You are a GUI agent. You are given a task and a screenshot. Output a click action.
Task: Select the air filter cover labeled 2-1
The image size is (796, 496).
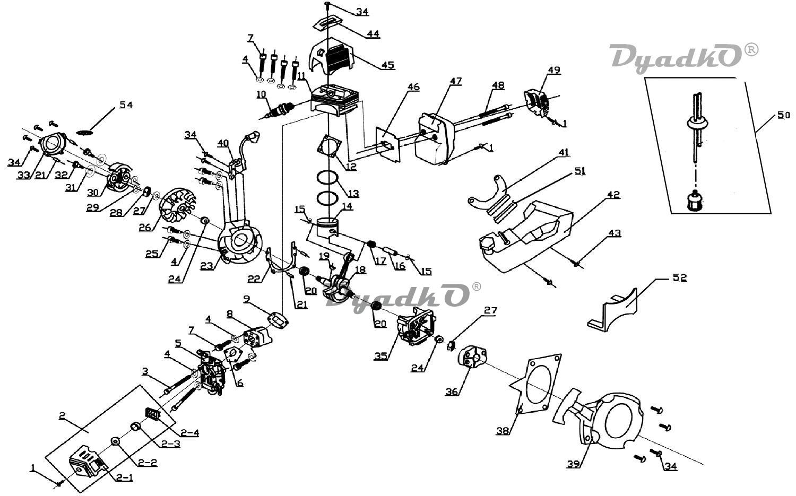88,460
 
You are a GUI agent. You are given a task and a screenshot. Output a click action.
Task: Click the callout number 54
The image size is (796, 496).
126,105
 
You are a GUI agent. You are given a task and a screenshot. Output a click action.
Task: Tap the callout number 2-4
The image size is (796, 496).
189,433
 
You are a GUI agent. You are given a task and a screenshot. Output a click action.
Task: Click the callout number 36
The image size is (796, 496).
452,391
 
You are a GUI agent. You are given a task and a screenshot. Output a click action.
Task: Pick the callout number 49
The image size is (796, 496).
553,70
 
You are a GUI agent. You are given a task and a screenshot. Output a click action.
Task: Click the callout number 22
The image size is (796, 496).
254,279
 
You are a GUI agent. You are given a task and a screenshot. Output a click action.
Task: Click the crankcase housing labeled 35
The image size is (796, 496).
415,326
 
